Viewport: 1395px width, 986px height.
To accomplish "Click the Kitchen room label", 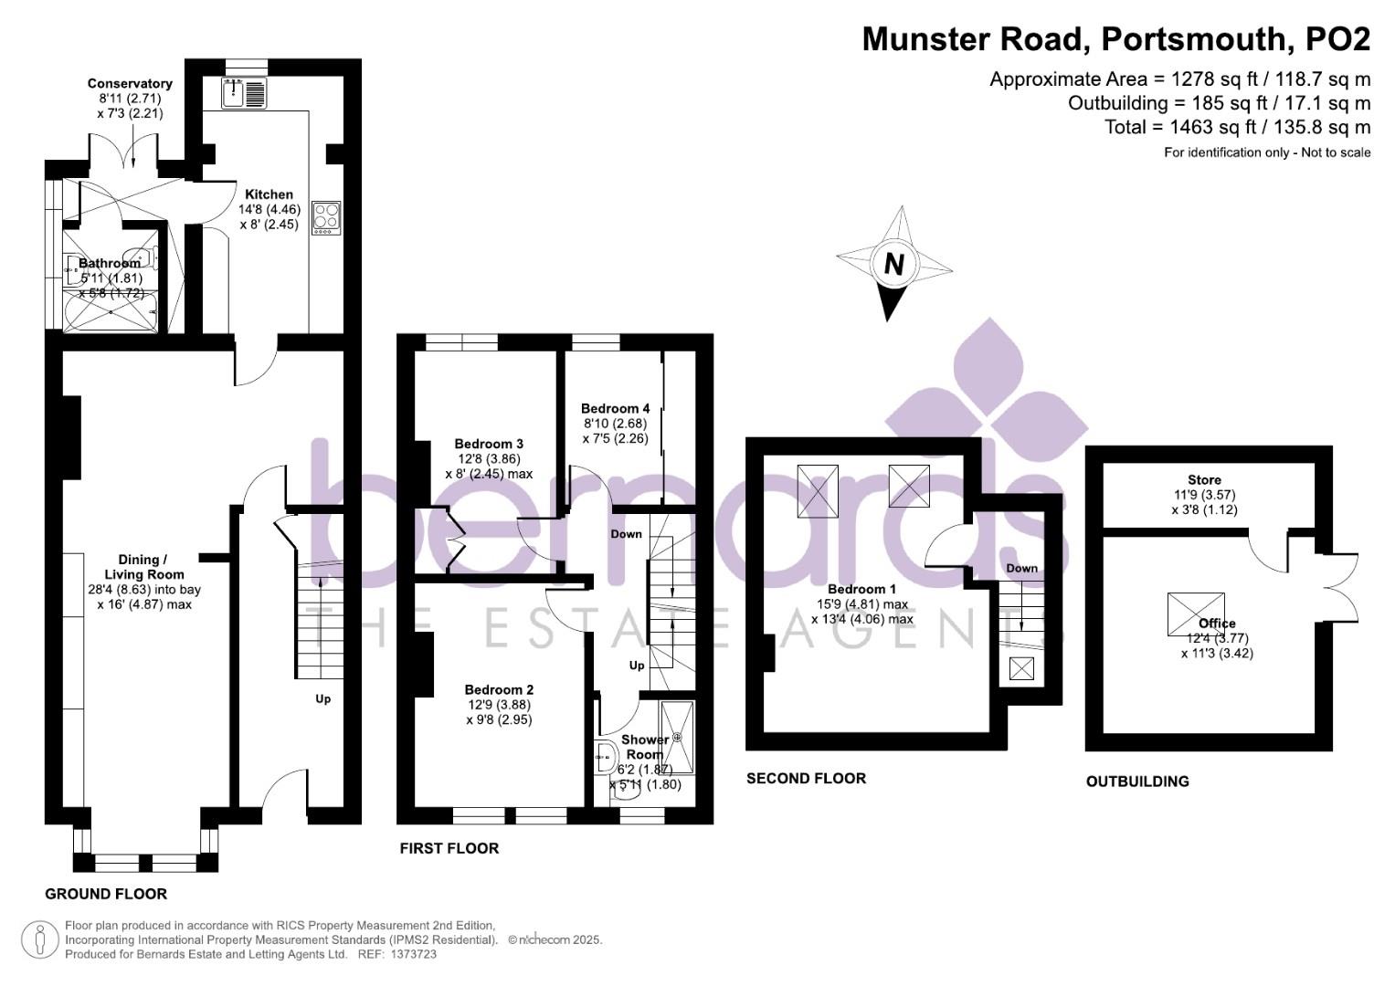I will (x=269, y=194).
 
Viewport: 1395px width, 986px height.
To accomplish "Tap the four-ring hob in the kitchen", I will (x=326, y=217).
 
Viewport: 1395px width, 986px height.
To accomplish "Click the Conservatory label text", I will (x=130, y=84).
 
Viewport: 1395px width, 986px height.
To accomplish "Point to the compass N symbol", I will (x=893, y=265).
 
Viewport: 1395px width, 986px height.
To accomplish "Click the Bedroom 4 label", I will (x=615, y=408).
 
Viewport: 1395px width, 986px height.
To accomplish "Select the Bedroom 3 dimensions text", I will (x=489, y=467).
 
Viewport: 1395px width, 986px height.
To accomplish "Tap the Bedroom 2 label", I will (x=499, y=690).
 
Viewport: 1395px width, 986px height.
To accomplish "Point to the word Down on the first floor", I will (x=626, y=534).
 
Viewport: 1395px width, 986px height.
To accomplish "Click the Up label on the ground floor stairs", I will (x=322, y=699).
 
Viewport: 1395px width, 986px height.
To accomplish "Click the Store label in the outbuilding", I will (x=1204, y=480).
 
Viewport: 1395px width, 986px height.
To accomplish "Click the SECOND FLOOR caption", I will (x=806, y=779).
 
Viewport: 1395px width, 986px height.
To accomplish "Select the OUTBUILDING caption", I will (x=1137, y=781).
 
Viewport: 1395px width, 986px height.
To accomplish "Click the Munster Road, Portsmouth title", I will (x=1115, y=39).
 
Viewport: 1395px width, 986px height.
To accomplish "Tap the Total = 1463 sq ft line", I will (x=1237, y=127).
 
